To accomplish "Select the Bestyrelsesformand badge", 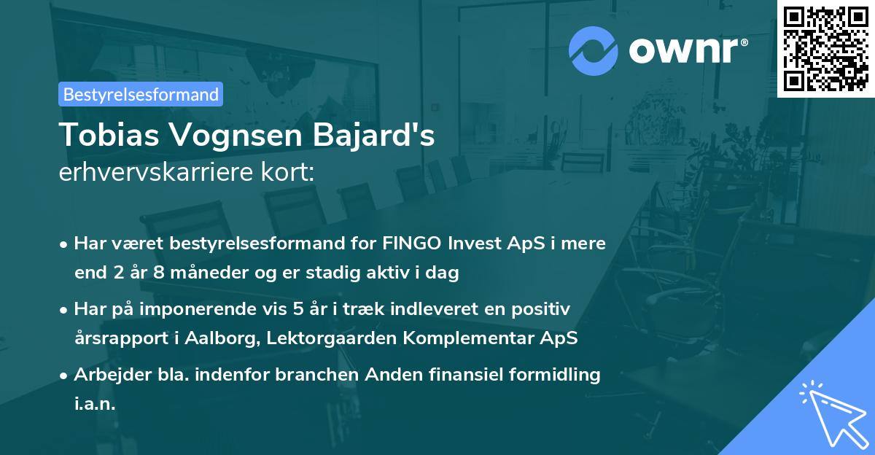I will coord(141,94).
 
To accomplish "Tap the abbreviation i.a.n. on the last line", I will coord(95,404).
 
